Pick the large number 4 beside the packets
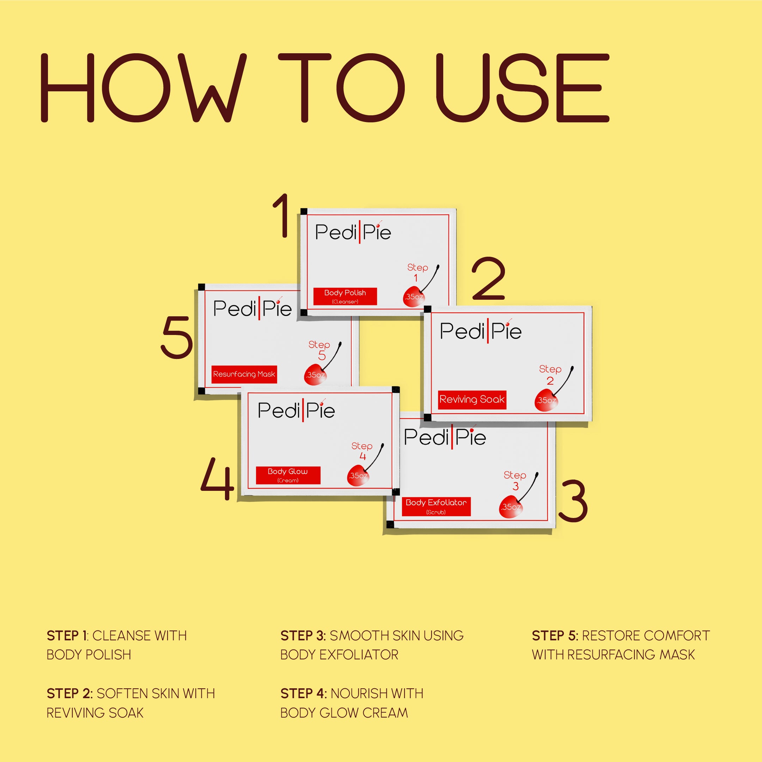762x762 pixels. point(217,479)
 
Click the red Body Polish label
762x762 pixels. point(345,296)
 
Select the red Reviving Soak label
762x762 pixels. point(472,400)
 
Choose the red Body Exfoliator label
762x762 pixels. point(436,506)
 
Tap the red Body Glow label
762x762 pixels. point(288,475)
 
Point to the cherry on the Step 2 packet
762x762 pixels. point(547,400)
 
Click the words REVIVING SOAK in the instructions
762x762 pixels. point(95,713)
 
